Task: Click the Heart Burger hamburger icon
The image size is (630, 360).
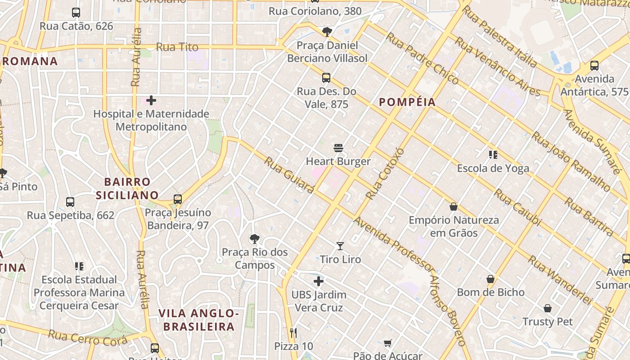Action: tap(338, 148)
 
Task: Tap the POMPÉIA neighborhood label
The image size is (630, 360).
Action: tap(407, 102)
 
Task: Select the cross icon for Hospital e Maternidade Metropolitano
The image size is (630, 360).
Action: tap(151, 100)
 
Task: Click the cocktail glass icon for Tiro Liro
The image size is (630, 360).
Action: tap(340, 246)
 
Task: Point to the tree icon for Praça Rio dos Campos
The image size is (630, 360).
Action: tap(255, 238)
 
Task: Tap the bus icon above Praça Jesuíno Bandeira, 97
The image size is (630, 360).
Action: tap(178, 199)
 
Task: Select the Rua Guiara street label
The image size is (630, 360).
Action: tap(289, 175)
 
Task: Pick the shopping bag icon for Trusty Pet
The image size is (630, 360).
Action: tap(548, 308)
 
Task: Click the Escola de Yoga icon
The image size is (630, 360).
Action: tap(493, 155)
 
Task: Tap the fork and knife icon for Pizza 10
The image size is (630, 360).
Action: tap(293, 333)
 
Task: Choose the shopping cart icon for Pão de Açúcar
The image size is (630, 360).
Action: tap(388, 343)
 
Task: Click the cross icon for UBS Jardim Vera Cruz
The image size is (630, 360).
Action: tap(319, 282)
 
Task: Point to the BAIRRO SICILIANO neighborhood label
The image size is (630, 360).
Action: tap(127, 189)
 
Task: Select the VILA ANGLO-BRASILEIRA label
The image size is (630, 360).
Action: tap(198, 320)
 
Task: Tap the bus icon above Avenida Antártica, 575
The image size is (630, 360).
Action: tap(594, 66)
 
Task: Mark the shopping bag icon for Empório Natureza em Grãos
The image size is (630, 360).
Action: tap(454, 207)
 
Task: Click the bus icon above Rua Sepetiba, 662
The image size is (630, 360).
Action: tap(70, 202)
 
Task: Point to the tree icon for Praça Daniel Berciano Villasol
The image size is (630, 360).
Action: tap(327, 31)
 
